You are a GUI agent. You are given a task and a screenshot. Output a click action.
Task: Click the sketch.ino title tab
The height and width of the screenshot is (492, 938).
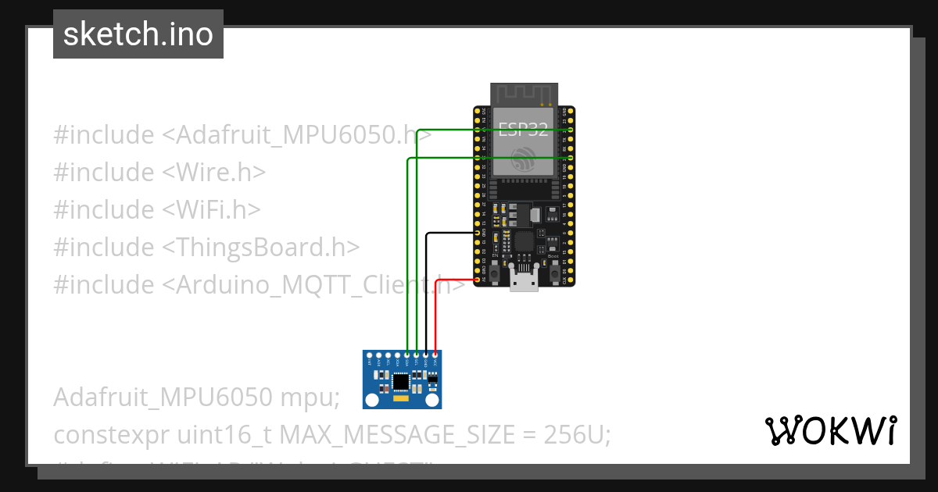(x=138, y=34)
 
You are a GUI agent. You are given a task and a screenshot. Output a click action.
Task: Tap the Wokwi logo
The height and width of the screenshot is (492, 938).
(x=830, y=430)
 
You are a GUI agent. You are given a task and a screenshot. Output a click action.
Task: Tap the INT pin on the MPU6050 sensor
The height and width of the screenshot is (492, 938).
(x=369, y=356)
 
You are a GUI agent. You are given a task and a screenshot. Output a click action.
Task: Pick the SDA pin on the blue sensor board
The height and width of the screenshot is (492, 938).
(x=406, y=356)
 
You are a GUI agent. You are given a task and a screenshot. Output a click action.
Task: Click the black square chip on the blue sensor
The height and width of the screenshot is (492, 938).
(x=401, y=381)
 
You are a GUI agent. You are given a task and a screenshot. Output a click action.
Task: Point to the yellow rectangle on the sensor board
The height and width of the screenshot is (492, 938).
(x=401, y=398)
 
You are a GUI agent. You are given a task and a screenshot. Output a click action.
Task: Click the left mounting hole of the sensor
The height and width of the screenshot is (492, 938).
(x=372, y=400)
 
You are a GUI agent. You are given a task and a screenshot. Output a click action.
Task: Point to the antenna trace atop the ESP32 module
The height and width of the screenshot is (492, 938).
(x=523, y=93)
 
